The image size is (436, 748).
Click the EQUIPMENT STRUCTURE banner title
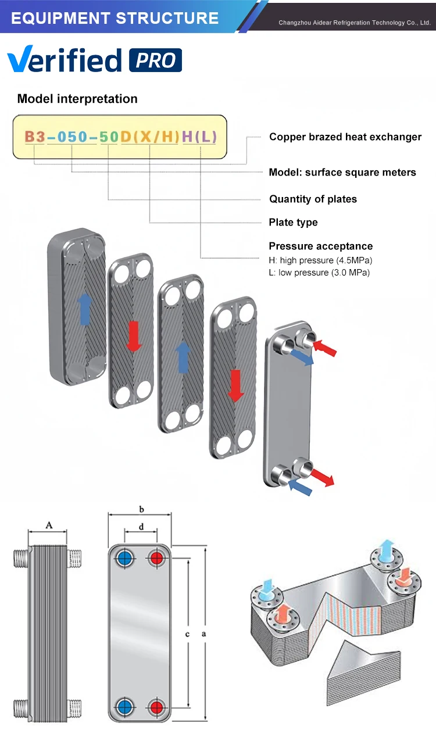(115, 18)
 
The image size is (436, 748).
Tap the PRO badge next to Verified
(155, 60)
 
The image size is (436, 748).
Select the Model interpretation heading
(77, 99)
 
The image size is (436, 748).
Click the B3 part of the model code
(34, 137)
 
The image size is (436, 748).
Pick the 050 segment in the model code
(72, 137)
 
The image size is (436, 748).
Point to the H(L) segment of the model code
(199, 137)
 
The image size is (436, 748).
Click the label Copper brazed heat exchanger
(345, 137)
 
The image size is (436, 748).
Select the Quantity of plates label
(313, 199)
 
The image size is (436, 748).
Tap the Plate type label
(293, 223)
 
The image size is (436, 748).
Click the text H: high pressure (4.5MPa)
(320, 260)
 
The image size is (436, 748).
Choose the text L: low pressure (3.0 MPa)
(319, 273)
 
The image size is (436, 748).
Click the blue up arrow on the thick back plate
(84, 308)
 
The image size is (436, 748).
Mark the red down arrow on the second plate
(134, 336)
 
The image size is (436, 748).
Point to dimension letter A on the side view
(49, 526)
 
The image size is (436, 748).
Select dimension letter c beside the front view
(187, 634)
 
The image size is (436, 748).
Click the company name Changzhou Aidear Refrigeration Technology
(354, 23)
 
